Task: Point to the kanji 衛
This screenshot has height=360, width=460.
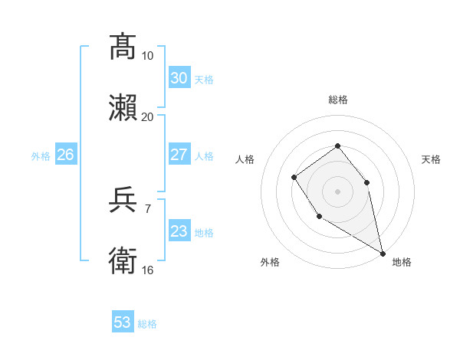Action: pyautogui.click(x=123, y=261)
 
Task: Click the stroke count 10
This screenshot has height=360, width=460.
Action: pyautogui.click(x=147, y=55)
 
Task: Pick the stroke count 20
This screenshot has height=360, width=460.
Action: pyautogui.click(x=147, y=116)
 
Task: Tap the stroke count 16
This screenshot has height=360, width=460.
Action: pyautogui.click(x=147, y=270)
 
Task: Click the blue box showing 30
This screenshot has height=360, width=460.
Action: pyautogui.click(x=179, y=78)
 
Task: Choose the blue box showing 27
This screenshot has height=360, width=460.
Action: pyautogui.click(x=179, y=155)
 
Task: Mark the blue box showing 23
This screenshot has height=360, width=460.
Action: pyautogui.click(x=179, y=231)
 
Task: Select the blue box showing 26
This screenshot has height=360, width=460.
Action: pyautogui.click(x=65, y=155)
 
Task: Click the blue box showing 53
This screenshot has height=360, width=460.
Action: pyautogui.click(x=123, y=322)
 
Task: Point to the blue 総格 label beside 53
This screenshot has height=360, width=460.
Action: pyautogui.click(x=147, y=324)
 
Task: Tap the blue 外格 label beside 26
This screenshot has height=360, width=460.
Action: pyautogui.click(x=41, y=156)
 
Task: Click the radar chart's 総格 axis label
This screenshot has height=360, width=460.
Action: pyautogui.click(x=337, y=100)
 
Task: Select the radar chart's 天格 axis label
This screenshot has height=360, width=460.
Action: pyautogui.click(x=431, y=159)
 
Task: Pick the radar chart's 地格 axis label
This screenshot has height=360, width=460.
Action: pyautogui.click(x=402, y=262)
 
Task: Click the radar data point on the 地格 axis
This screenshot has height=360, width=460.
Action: pyautogui.click(x=383, y=253)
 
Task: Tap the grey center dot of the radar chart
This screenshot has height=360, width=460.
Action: pyautogui.click(x=337, y=191)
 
